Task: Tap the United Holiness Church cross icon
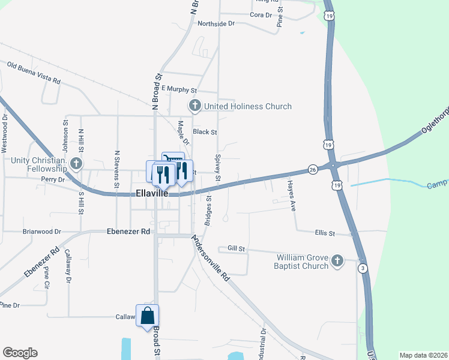tap(194, 106)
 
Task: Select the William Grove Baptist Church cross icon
tap(337, 261)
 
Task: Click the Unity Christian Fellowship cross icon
tap(76, 163)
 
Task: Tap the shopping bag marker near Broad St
tap(148, 316)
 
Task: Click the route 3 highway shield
tap(362, 269)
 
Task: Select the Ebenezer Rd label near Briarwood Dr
tap(127, 231)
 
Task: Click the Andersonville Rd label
tap(211, 258)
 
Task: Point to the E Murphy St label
tap(179, 89)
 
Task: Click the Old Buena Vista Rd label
tap(34, 71)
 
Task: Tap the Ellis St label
tap(324, 233)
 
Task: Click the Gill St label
tap(237, 248)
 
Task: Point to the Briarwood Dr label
tap(42, 231)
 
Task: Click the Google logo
tap(20, 353)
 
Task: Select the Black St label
tap(204, 131)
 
